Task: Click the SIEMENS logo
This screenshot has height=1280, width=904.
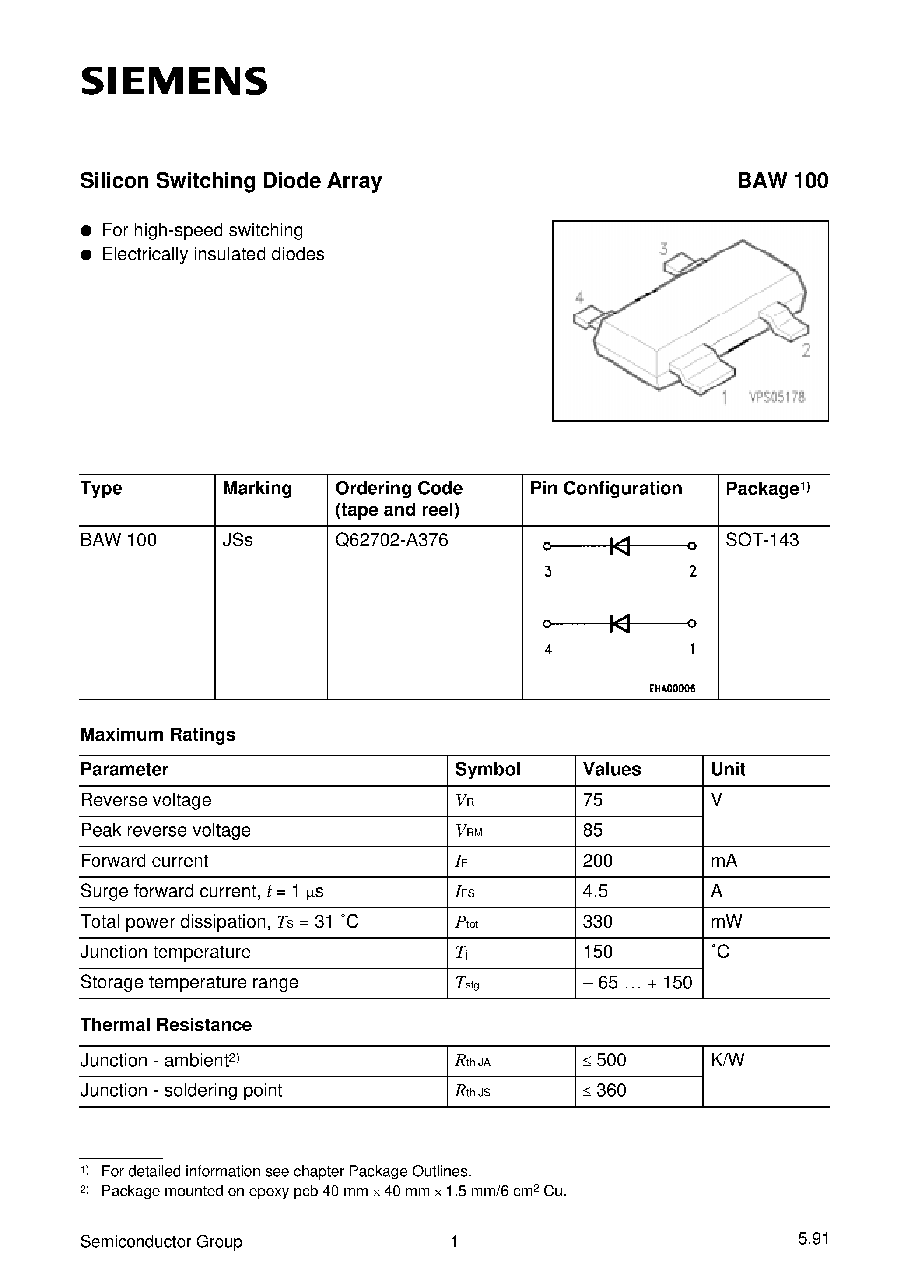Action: tap(174, 81)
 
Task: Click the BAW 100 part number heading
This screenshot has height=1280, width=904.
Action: tap(782, 181)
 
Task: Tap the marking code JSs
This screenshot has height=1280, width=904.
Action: tap(238, 540)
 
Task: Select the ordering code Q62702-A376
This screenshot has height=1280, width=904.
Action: tap(391, 540)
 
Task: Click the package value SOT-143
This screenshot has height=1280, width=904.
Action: tap(761, 540)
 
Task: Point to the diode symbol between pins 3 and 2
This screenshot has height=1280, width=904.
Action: tap(619, 546)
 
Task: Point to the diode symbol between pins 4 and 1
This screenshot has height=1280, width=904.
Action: tap(619, 624)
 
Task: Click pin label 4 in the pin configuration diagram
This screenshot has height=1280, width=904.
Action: tap(548, 649)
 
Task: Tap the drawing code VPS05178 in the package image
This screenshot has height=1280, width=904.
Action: tap(777, 397)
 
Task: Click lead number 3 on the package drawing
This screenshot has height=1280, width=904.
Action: tap(663, 249)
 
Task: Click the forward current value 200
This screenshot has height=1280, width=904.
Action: tap(597, 861)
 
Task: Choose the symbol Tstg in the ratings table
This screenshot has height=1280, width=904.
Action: tap(467, 983)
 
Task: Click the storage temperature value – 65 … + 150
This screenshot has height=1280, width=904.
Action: tap(637, 982)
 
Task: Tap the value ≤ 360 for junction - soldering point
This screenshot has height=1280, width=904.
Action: tap(604, 1090)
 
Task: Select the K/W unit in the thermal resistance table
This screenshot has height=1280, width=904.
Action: tap(727, 1060)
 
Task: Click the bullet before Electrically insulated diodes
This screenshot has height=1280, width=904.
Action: tap(86, 255)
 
